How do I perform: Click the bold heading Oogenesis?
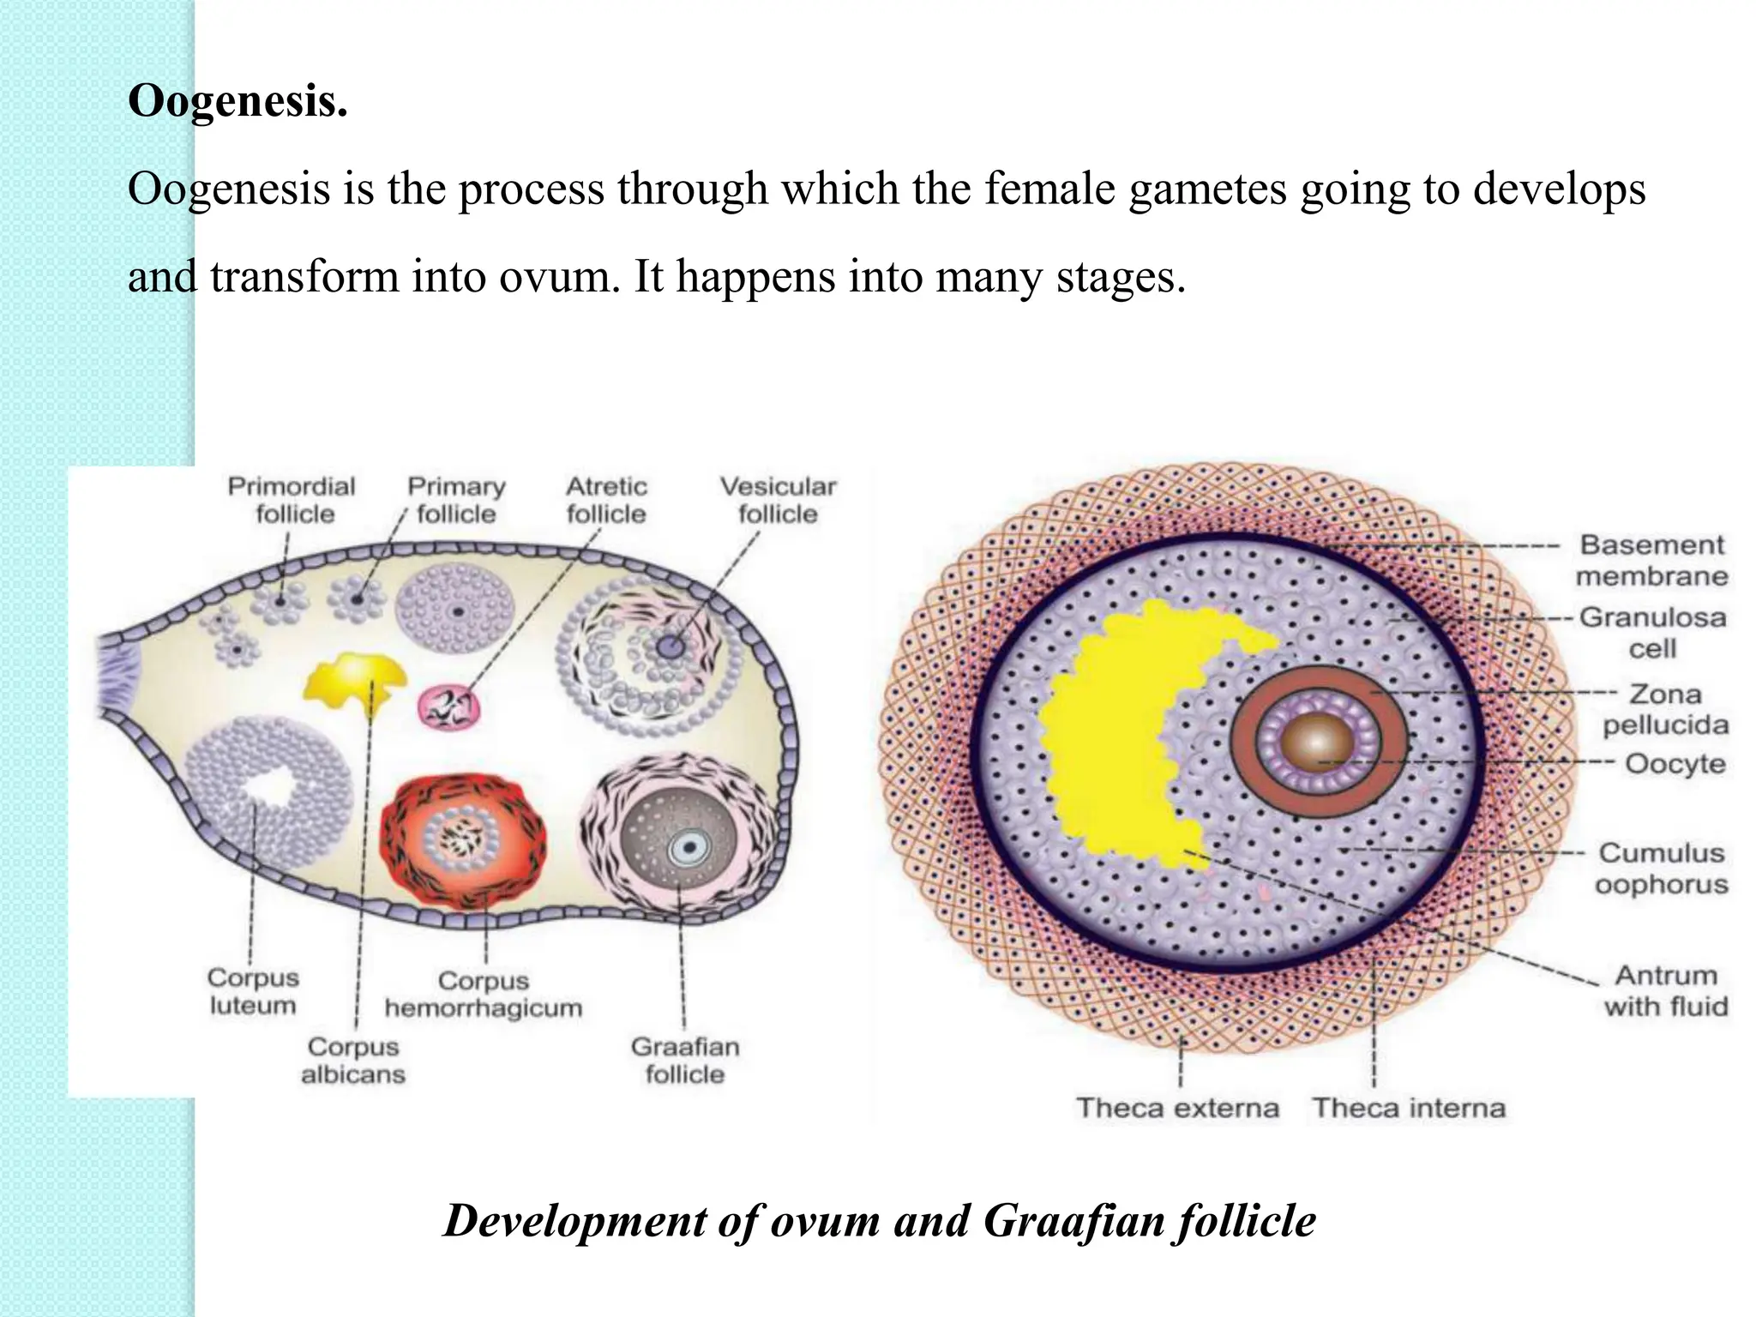click(x=238, y=101)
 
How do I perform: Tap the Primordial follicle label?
click(x=292, y=500)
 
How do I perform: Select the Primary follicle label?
click(x=456, y=500)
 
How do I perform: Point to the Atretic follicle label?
click(x=606, y=500)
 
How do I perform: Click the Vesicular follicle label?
click(x=778, y=500)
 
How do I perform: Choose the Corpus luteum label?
click(x=253, y=991)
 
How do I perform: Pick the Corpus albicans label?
click(x=353, y=1060)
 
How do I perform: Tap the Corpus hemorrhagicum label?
click(x=484, y=994)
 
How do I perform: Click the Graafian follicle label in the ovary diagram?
click(x=685, y=1060)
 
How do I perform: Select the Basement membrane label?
click(x=1651, y=560)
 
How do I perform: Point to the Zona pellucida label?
click(x=1665, y=709)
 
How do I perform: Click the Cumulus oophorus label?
click(x=1662, y=868)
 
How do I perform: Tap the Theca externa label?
click(x=1177, y=1108)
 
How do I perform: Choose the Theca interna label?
click(x=1409, y=1108)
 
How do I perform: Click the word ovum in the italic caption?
click(x=825, y=1221)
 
